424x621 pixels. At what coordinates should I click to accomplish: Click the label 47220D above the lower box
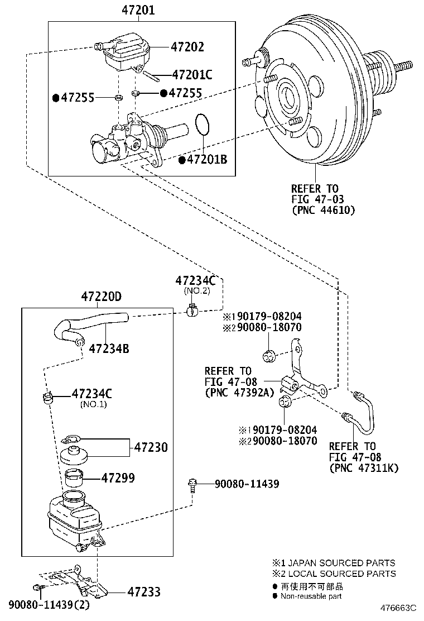click(x=100, y=297)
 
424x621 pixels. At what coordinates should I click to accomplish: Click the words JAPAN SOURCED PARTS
click(x=341, y=563)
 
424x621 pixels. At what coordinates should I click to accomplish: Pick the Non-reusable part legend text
click(x=311, y=596)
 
